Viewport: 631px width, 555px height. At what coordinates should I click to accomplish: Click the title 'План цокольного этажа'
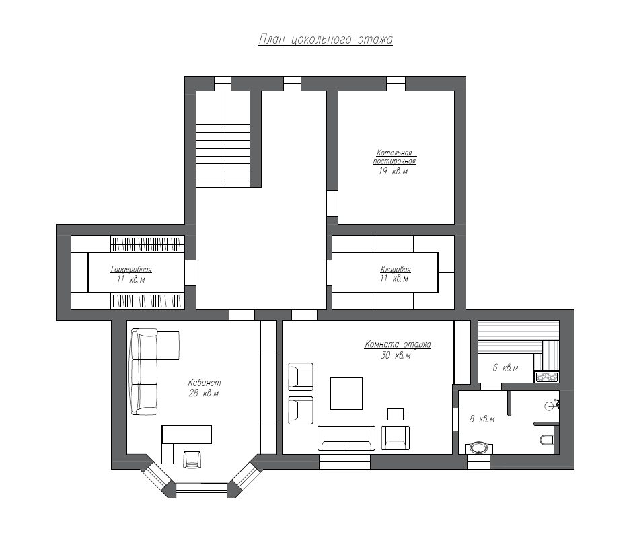click(325, 40)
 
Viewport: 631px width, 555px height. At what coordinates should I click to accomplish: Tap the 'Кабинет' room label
click(205, 383)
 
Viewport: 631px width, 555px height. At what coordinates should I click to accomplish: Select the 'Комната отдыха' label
click(398, 344)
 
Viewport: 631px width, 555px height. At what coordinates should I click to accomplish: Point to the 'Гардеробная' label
click(131, 269)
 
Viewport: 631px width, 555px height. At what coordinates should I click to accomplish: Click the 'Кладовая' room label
click(396, 269)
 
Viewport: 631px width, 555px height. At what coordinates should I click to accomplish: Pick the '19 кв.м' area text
click(393, 171)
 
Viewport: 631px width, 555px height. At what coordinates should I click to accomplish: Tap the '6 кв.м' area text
click(505, 367)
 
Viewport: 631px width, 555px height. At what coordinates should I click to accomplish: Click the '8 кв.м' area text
click(482, 419)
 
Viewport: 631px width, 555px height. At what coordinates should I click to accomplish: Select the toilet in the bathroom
click(546, 439)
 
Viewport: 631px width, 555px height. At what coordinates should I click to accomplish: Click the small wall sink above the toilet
click(552, 406)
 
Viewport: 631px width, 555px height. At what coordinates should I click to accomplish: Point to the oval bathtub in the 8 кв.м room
click(479, 448)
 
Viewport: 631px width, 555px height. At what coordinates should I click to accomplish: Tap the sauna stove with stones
click(546, 377)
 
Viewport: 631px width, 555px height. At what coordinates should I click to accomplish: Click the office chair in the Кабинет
click(192, 459)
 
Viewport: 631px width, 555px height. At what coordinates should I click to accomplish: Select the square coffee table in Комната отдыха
click(346, 393)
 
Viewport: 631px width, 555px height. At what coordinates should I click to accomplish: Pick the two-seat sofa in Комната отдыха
click(346, 438)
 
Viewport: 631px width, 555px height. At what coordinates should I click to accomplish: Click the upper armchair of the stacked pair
click(301, 376)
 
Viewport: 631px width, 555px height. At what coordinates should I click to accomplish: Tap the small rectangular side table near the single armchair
click(396, 414)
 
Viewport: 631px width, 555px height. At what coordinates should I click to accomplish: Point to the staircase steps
click(223, 156)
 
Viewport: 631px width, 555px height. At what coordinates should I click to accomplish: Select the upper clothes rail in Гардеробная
click(148, 244)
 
